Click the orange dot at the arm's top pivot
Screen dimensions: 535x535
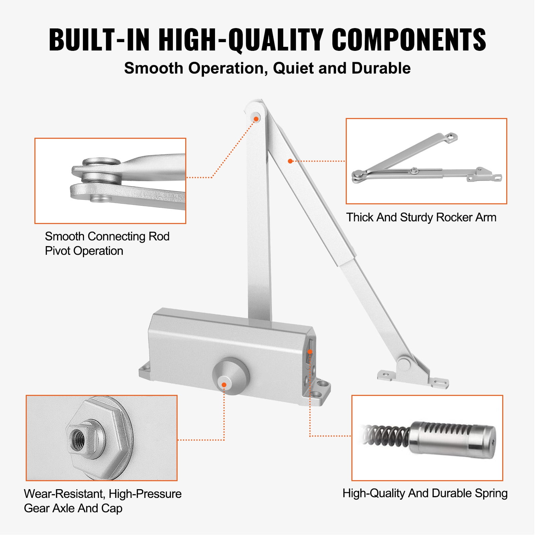click(256, 119)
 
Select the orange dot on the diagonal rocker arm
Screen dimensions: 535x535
click(290, 161)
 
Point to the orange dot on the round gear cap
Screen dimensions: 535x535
click(224, 385)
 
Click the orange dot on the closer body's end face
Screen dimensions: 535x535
click(310, 351)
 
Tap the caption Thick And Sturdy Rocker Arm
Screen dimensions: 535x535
click(421, 217)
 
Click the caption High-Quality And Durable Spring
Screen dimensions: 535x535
click(425, 493)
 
